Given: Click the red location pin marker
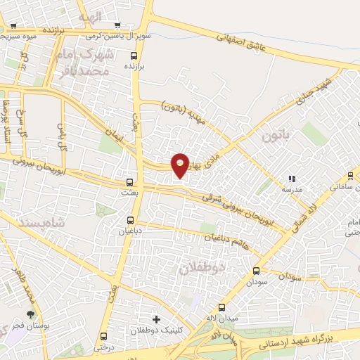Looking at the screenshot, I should point(181,165).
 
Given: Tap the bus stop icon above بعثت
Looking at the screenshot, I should point(128,181).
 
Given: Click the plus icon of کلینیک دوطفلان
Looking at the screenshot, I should point(156,319).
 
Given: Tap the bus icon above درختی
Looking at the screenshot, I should point(104,336).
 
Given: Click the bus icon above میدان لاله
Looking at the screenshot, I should point(221,307).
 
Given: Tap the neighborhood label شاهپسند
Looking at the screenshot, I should point(22,219).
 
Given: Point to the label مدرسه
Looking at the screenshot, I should point(292,189).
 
